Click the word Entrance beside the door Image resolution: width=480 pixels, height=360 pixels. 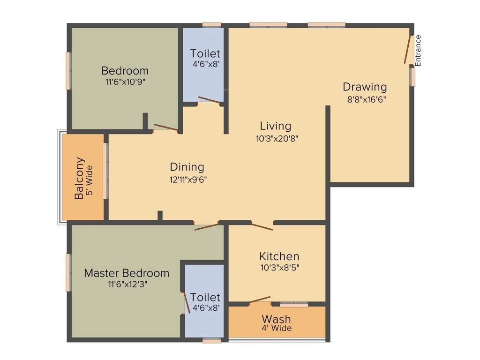click(419, 51)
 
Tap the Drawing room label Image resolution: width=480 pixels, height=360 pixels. click(365, 87)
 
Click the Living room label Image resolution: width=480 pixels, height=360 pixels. click(276, 126)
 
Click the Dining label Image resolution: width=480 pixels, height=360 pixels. click(187, 167)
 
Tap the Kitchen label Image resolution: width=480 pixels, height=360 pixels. click(279, 256)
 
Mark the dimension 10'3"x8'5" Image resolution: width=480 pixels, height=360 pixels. click(279, 268)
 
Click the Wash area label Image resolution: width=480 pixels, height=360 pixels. click(277, 320)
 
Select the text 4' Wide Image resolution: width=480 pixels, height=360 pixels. click(277, 328)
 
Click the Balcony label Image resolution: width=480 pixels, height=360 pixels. click(79, 178)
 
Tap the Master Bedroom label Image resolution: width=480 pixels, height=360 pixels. click(127, 273)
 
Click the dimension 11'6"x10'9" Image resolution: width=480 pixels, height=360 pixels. click(125, 82)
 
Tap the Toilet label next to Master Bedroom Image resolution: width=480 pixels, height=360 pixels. click(206, 298)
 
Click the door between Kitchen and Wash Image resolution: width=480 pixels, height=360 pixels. click(259, 300)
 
